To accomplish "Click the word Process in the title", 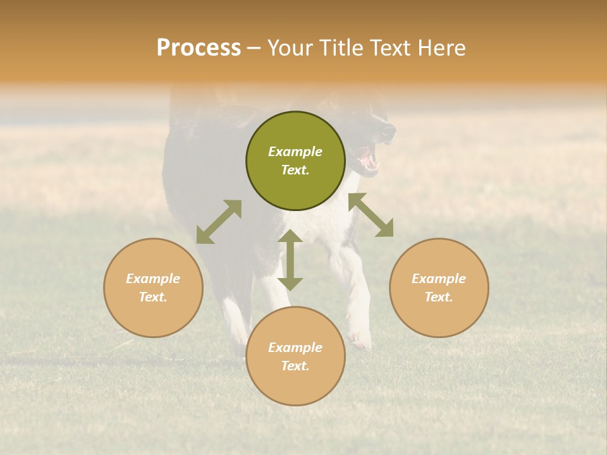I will click(199, 48).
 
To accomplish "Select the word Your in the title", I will click(292, 48).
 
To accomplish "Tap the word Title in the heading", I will click(343, 48).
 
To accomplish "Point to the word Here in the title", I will click(442, 48).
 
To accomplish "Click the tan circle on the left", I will click(153, 288).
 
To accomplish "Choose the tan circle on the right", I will click(439, 288).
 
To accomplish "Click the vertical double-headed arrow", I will click(290, 260).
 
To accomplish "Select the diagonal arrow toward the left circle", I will click(219, 222).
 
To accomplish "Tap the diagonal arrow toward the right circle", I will click(371, 215).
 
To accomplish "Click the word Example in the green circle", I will click(295, 152).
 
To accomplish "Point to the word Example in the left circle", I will click(153, 279).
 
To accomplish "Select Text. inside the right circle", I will click(439, 297).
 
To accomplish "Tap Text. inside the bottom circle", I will click(295, 366).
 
